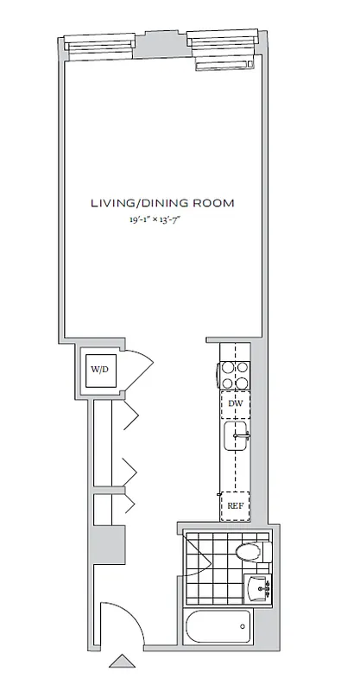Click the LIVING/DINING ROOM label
point(163,204)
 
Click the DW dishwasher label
point(235,403)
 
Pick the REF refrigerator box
point(235,504)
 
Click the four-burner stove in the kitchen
point(235,372)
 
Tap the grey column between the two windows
point(161,46)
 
